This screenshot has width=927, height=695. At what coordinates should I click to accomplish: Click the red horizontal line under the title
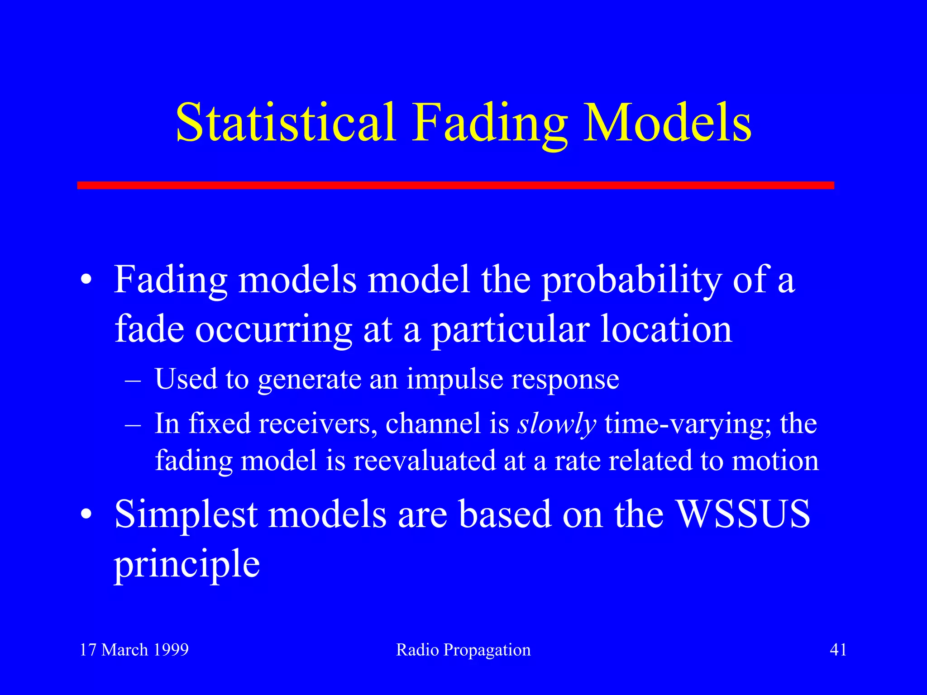tap(455, 185)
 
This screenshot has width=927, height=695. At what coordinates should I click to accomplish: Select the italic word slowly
tap(557, 424)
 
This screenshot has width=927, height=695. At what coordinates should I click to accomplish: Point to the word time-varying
tap(688, 424)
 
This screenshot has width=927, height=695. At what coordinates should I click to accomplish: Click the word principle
tap(186, 565)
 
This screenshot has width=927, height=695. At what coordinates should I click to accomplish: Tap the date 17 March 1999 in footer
tap(134, 650)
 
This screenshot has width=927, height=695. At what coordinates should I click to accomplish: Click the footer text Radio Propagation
tap(463, 650)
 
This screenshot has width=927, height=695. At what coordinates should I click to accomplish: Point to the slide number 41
tap(838, 650)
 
